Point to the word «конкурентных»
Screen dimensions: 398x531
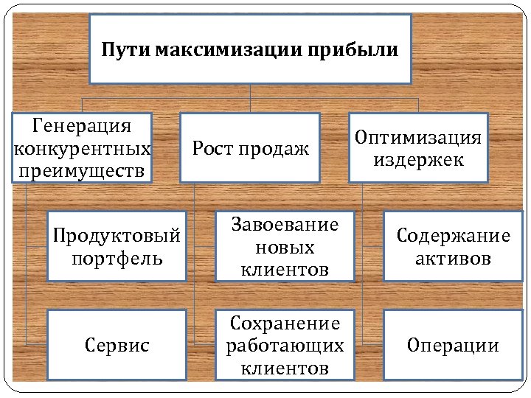[83, 148]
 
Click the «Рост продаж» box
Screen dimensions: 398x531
[250, 147]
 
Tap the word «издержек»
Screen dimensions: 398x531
[418, 160]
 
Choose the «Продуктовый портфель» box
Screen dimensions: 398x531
[117, 247]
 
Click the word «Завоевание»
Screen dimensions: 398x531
[285, 225]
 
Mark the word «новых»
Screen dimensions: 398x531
[285, 247]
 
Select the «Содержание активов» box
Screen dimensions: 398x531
[453, 247]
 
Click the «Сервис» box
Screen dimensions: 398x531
[117, 345]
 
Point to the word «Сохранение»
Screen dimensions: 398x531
[285, 323]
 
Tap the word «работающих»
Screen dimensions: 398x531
[285, 345]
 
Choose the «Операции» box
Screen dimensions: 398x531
[453, 345]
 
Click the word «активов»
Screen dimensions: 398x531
[453, 259]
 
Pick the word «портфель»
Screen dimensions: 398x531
[117, 259]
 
